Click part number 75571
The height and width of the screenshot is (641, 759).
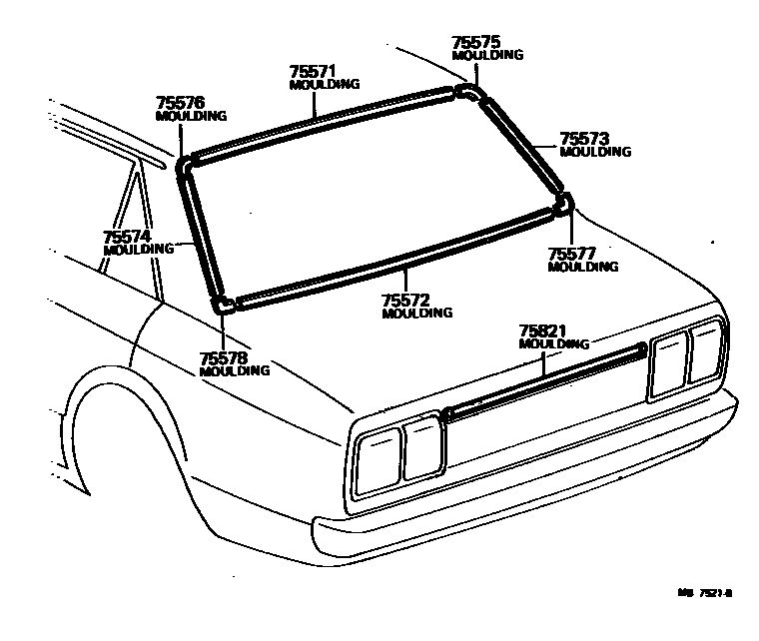coord(313,72)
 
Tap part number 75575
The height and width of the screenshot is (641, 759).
coord(475,43)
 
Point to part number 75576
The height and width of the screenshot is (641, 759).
coord(181,103)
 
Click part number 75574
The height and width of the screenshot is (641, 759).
coord(127,237)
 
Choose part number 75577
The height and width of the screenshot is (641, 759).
coord(572,254)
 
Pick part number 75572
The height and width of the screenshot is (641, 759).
coord(406,300)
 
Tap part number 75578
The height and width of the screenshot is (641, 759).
coord(224,357)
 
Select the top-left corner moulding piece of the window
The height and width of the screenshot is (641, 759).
coord(184,163)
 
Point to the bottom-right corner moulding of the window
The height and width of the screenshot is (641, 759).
coord(563,205)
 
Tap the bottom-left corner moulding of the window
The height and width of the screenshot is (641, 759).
coord(224,303)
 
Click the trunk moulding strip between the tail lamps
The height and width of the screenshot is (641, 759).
coord(544,380)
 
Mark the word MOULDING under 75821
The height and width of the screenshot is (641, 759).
coord(553,343)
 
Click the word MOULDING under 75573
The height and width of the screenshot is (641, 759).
coord(595,152)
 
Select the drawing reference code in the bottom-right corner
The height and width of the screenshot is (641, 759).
coord(706,592)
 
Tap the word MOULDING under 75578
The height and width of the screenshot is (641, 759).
coord(235,370)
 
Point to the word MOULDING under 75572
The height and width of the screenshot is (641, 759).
coord(417,313)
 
